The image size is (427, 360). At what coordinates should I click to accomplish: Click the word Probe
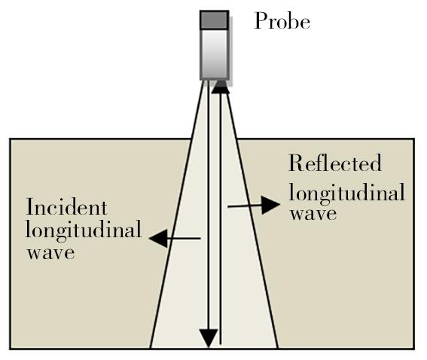pos(282,21)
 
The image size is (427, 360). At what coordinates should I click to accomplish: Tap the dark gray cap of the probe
pos(215,20)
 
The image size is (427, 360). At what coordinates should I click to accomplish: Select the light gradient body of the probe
pos(215,54)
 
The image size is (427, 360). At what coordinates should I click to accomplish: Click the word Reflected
pos(335,163)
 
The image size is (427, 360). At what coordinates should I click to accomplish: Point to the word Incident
pos(66,206)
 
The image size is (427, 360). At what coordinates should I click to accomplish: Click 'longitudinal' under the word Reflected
pos(347,193)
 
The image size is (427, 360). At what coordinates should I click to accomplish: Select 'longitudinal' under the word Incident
pos(84,230)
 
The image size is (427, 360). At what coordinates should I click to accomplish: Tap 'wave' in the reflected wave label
pos(313,214)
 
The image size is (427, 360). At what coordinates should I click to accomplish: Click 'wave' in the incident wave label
pos(50,253)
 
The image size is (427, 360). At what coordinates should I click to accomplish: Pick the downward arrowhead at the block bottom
pos(209,337)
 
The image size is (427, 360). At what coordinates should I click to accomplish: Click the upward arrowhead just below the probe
pos(221,87)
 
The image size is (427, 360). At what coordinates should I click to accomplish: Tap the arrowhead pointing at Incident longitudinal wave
pos(159,239)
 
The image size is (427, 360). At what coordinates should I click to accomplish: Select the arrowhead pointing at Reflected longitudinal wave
pos(270,205)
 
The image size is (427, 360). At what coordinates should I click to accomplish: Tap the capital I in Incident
pos(31,207)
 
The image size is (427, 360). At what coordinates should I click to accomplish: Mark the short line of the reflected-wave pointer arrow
pos(245,206)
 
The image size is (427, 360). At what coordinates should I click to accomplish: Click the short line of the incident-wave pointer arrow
pos(184,239)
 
